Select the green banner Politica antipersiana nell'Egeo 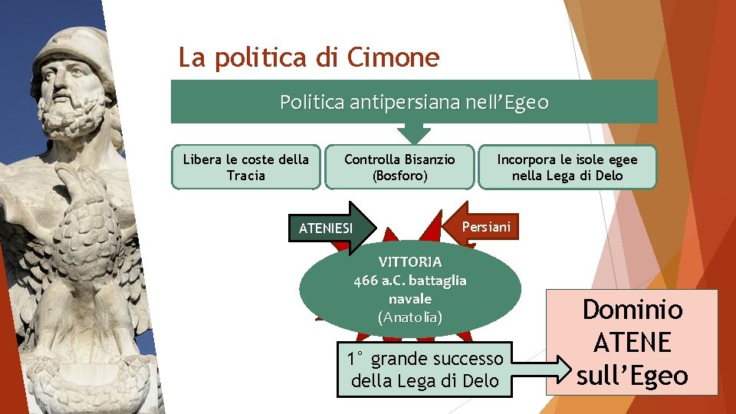(x=414, y=102)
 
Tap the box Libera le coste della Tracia (x=246, y=167)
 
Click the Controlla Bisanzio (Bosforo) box (x=399, y=167)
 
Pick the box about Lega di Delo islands (x=567, y=167)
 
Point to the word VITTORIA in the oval (x=410, y=261)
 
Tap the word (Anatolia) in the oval (x=410, y=317)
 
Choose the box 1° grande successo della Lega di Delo (x=426, y=369)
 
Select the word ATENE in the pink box (x=632, y=342)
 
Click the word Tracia (x=246, y=176)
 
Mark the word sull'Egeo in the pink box (x=632, y=375)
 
